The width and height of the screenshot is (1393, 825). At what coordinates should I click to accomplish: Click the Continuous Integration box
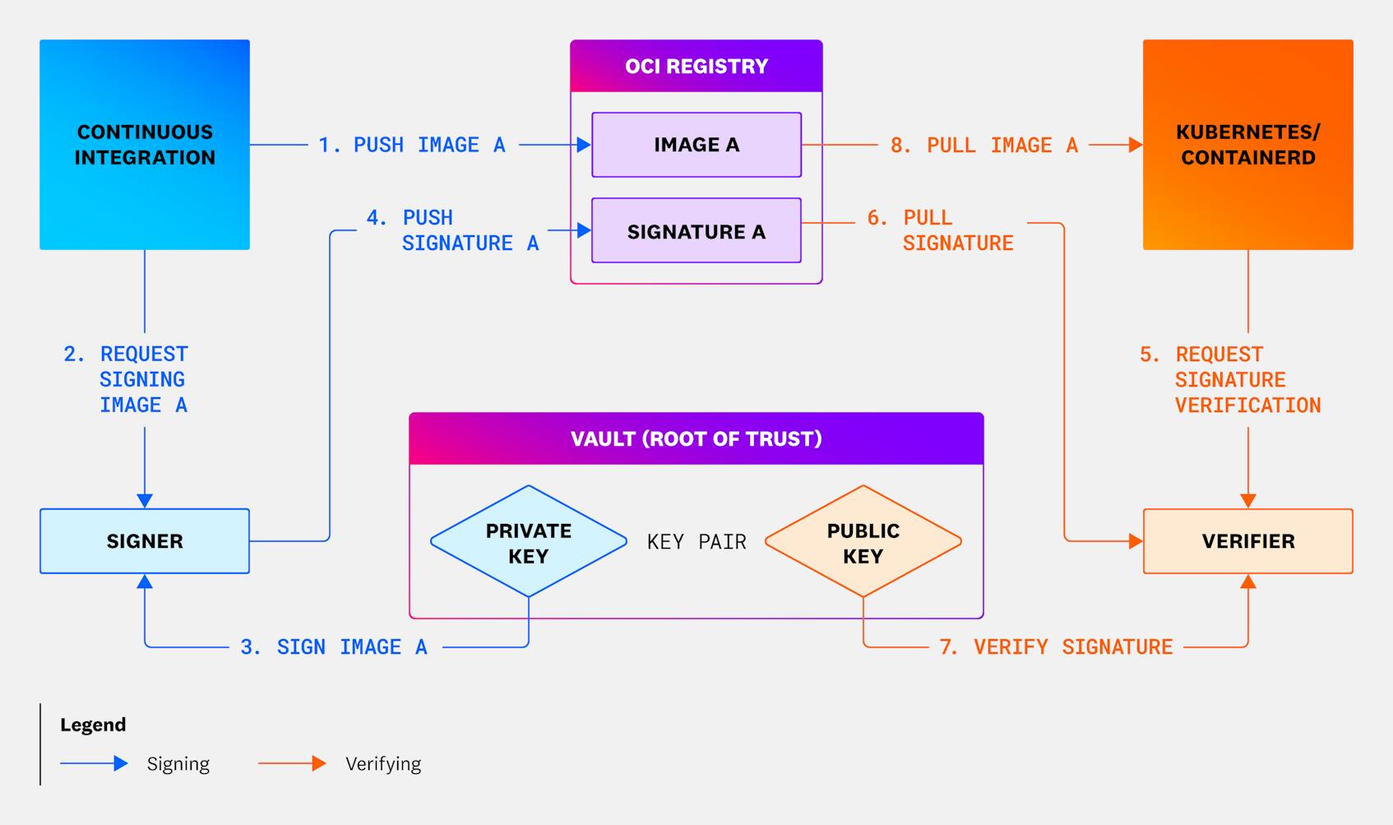pyautogui.click(x=145, y=145)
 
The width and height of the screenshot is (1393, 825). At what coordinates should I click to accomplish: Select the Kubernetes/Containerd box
pyautogui.click(x=1247, y=145)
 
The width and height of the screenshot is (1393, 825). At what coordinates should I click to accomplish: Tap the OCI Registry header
pyautogui.click(x=696, y=66)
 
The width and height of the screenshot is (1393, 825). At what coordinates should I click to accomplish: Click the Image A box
pyautogui.click(x=696, y=145)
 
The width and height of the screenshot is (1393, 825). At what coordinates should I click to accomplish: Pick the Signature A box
pyautogui.click(x=696, y=231)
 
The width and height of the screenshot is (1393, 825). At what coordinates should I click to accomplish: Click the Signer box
pyautogui.click(x=145, y=541)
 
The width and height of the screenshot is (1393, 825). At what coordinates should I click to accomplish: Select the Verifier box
pyautogui.click(x=1247, y=541)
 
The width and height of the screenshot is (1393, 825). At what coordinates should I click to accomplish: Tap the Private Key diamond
pyautogui.click(x=528, y=542)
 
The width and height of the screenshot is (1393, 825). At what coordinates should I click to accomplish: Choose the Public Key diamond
pyautogui.click(x=863, y=542)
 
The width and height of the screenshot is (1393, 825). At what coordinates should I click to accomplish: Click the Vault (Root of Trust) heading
pyautogui.click(x=696, y=438)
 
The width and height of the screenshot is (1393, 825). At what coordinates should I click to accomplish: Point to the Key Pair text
pyautogui.click(x=696, y=542)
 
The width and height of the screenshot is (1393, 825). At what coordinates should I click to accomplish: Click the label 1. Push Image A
pyautogui.click(x=412, y=145)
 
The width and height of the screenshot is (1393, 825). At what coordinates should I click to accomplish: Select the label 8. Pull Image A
pyautogui.click(x=984, y=146)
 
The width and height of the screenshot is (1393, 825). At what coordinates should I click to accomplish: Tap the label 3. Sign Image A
pyautogui.click(x=334, y=647)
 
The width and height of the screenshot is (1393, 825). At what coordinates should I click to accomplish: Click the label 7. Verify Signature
pyautogui.click(x=1056, y=647)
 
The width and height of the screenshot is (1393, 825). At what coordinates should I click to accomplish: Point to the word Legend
pyautogui.click(x=93, y=725)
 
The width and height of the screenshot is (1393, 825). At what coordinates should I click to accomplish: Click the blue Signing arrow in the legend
pyautogui.click(x=94, y=763)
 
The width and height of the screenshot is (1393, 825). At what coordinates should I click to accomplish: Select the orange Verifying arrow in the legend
pyautogui.click(x=292, y=763)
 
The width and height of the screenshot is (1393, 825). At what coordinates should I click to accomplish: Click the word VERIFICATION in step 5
pyautogui.click(x=1247, y=406)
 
